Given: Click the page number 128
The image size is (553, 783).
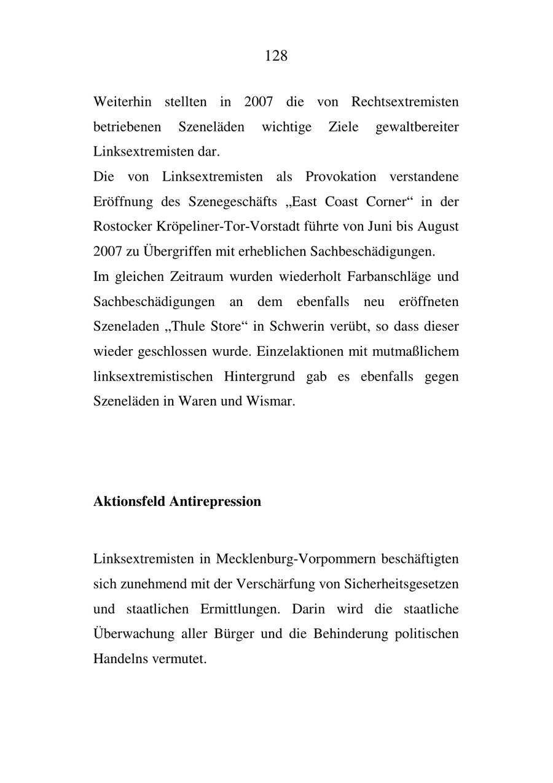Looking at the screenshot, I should point(276,56).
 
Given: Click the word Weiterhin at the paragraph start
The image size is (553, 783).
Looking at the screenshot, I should point(122,101).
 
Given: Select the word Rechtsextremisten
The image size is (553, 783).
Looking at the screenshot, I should point(405,101).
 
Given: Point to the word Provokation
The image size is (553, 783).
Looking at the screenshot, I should point(340,177).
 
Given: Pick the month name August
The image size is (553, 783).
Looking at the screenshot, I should point(437,227).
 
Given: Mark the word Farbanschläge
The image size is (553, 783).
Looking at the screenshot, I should point(388,277).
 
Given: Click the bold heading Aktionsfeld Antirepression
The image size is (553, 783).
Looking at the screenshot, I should point(177,502).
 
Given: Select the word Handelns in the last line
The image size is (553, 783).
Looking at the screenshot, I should point(120,659).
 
